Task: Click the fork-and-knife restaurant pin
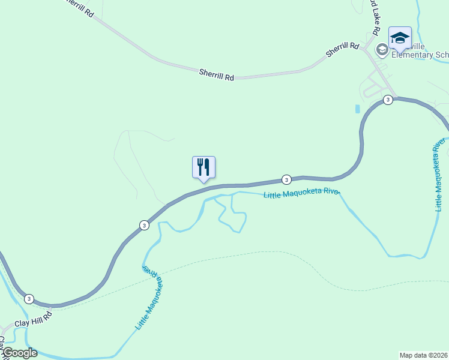[203, 167]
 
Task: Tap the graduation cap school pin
[400, 38]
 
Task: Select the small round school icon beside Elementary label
[381, 49]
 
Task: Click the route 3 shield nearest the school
[388, 100]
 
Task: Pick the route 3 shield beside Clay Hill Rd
[29, 298]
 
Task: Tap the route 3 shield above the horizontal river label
[286, 179]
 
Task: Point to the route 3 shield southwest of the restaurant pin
[144, 225]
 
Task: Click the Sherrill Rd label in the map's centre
[216, 74]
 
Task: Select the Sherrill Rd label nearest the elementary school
[342, 49]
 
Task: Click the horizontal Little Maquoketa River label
[302, 193]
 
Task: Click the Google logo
[19, 353]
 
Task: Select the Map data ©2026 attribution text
[423, 355]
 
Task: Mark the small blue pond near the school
[358, 109]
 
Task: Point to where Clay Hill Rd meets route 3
[52, 307]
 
